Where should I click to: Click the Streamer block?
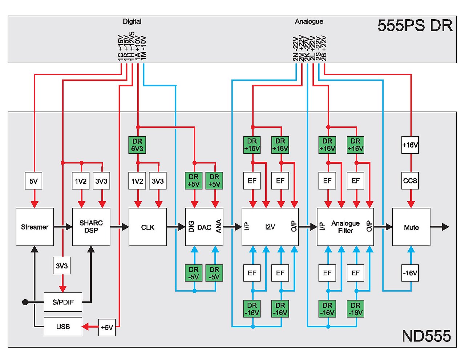pyautogui.click(x=35, y=227)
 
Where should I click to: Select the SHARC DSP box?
pyautogui.click(x=91, y=227)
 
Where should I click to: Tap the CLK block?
pyautogui.click(x=147, y=227)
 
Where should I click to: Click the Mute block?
pyautogui.click(x=411, y=227)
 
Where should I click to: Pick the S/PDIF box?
pyautogui.click(x=63, y=302)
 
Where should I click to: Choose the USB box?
pyautogui.click(x=63, y=327)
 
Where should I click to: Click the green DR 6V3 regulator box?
pyautogui.click(x=137, y=145)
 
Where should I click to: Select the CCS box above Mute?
pyautogui.click(x=410, y=181)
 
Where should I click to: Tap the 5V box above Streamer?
pyautogui.click(x=33, y=181)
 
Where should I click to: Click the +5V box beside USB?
pyautogui.click(x=107, y=327)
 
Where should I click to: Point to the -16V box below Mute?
pyautogui.click(x=410, y=273)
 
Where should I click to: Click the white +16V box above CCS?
pyautogui.click(x=410, y=145)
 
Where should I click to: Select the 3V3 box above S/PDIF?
pyautogui.click(x=62, y=266)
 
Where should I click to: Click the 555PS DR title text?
pyautogui.click(x=415, y=26)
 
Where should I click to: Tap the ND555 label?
pyautogui.click(x=426, y=336)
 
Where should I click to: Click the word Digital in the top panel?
pyautogui.click(x=132, y=21)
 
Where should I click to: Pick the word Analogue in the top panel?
pyautogui.click(x=309, y=21)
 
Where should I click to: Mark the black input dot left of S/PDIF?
pyautogui.click(x=25, y=302)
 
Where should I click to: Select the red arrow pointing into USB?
pyautogui.click(x=87, y=327)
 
